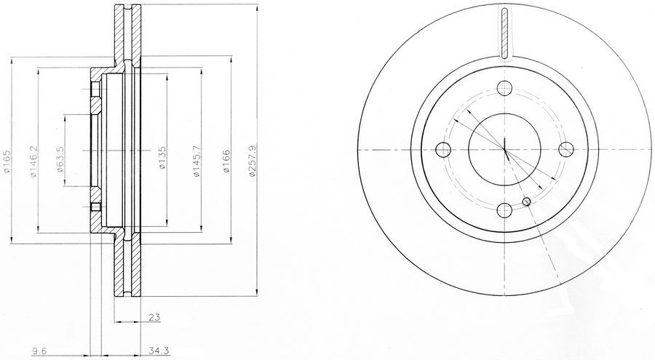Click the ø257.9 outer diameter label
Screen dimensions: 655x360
point(251,161)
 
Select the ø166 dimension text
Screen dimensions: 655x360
point(226,161)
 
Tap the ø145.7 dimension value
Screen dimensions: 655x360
point(197,161)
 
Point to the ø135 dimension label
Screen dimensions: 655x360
point(162,157)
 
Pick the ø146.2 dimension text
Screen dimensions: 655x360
point(33,161)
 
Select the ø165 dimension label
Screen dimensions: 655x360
point(7,161)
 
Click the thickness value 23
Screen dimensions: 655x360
point(154,317)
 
